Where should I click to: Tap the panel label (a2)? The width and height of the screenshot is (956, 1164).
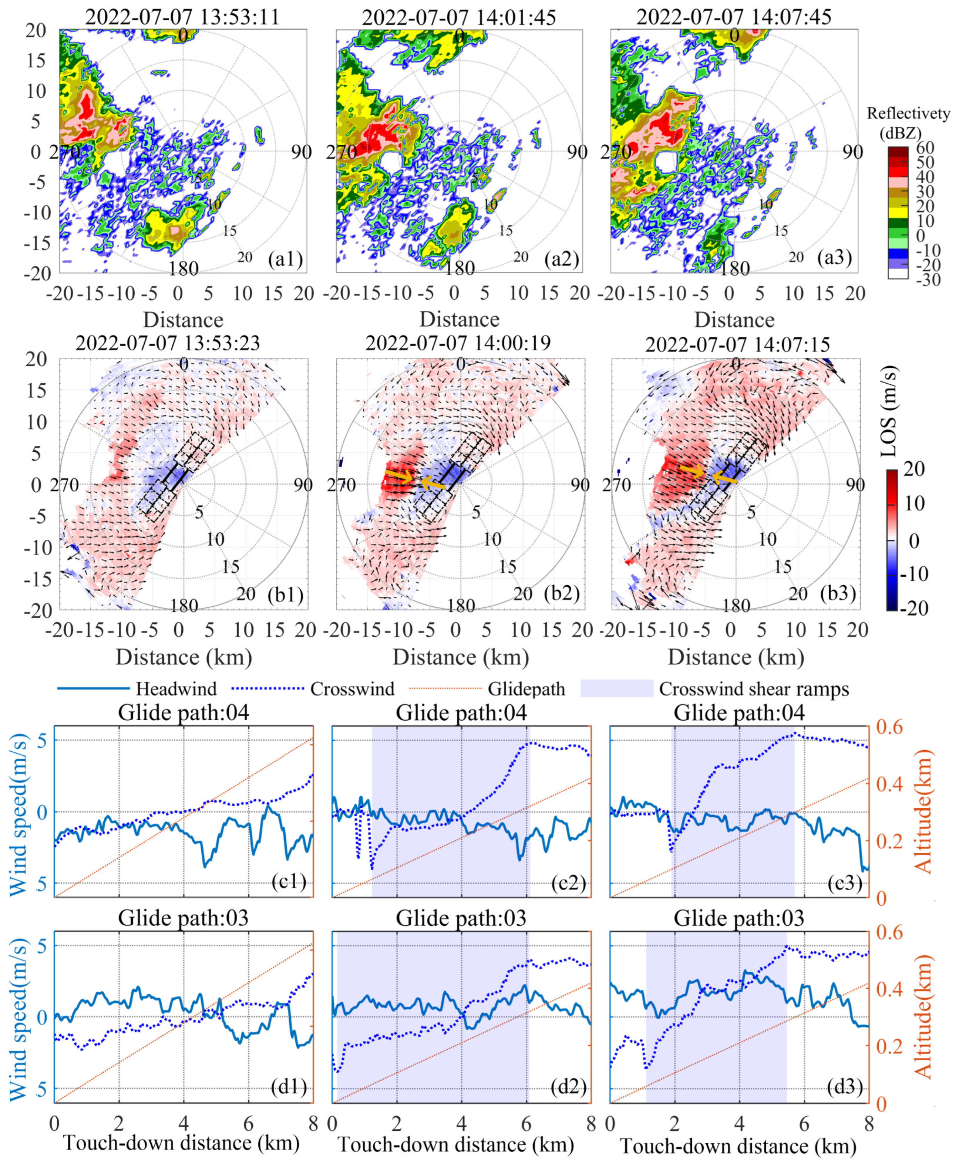coord(561,258)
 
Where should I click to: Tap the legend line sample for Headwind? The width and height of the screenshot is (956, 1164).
coord(93,689)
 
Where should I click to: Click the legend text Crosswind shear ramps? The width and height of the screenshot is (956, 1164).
coord(754,689)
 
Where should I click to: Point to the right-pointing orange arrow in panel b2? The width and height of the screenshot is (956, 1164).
coord(398,475)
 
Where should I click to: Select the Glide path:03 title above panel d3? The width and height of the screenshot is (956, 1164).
coord(738,918)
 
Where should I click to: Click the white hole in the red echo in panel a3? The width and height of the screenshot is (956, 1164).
coord(666,161)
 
